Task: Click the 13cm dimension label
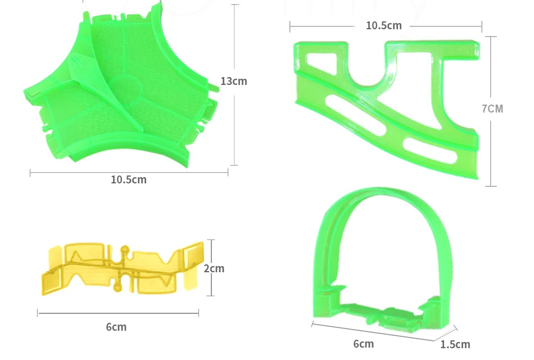pyautogui.click(x=234, y=81)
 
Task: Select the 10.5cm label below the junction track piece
pyautogui.click(x=129, y=179)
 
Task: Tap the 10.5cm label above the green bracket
pyautogui.click(x=384, y=25)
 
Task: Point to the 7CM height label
pyautogui.click(x=492, y=109)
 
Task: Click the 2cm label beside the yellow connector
pyautogui.click(x=214, y=269)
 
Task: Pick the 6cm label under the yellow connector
pyautogui.click(x=116, y=327)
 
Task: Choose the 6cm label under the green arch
pyautogui.click(x=363, y=344)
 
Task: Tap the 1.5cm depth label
pyautogui.click(x=455, y=344)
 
